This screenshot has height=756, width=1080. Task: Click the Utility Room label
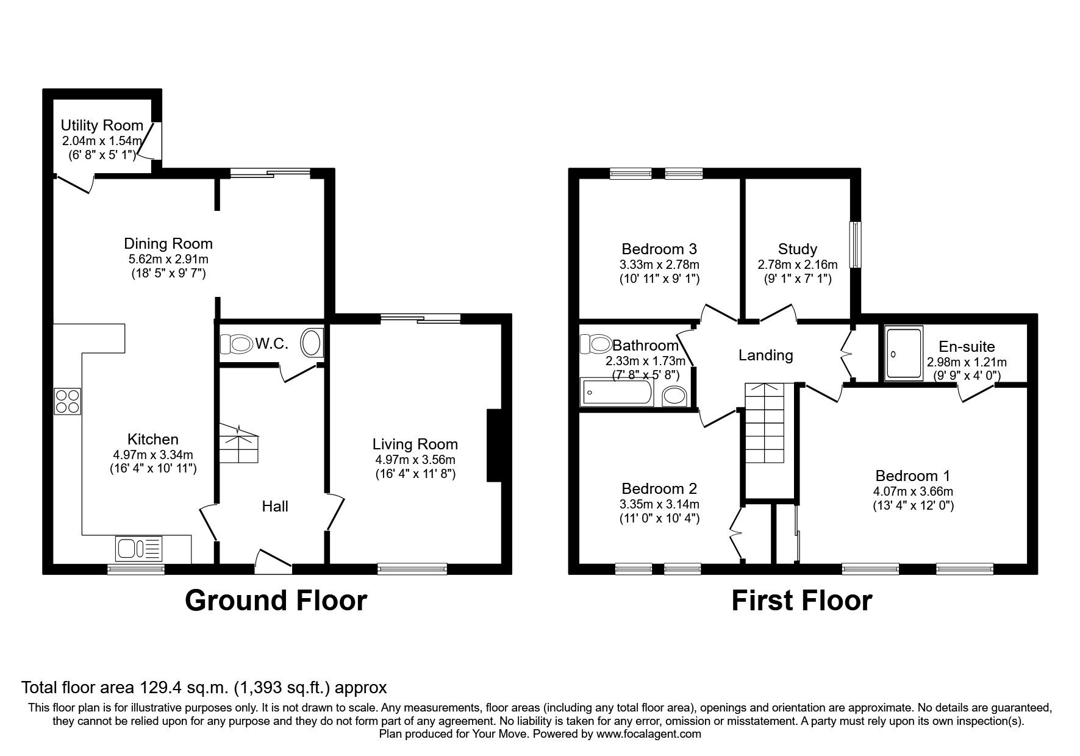tap(102, 126)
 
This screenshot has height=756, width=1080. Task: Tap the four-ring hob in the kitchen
tap(67, 401)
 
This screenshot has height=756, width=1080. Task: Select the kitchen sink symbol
tap(138, 548)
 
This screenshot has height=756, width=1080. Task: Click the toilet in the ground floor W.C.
tap(235, 345)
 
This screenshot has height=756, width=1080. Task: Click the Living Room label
tap(415, 444)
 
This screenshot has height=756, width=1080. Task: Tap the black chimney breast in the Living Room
tap(494, 446)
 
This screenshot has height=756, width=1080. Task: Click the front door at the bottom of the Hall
tap(273, 562)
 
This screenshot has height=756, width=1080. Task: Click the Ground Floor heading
tap(276, 601)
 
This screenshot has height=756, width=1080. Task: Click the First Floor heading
tap(801, 601)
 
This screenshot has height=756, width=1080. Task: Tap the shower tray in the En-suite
tap(904, 354)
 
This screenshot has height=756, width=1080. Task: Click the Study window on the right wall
tap(857, 244)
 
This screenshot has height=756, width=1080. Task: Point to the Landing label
tap(765, 355)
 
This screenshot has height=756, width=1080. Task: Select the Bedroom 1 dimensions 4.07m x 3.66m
tap(913, 491)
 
